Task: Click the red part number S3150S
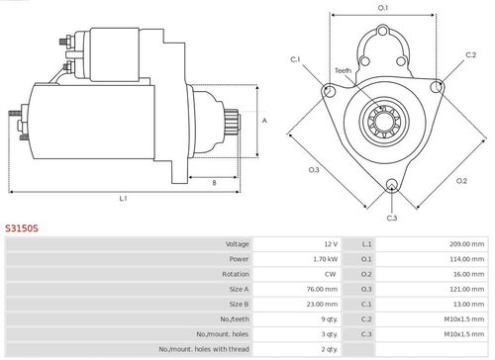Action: pyautogui.click(x=22, y=228)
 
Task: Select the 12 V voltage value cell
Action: pyautogui.click(x=331, y=244)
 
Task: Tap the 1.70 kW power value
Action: pyautogui.click(x=326, y=259)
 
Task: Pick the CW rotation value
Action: pyautogui.click(x=331, y=274)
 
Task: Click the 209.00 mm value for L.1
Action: pyautogui.click(x=467, y=244)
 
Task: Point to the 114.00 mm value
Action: pyautogui.click(x=467, y=259)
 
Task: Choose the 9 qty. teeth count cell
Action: pyautogui.click(x=330, y=319)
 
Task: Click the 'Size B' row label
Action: pyautogui.click(x=239, y=305)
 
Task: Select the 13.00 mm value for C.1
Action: pyautogui.click(x=468, y=305)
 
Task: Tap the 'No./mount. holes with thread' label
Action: pyautogui.click(x=204, y=349)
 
